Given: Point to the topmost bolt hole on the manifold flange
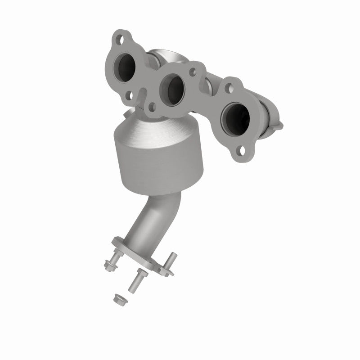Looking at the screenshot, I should point(120,39).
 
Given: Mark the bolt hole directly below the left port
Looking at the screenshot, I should point(129,95).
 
